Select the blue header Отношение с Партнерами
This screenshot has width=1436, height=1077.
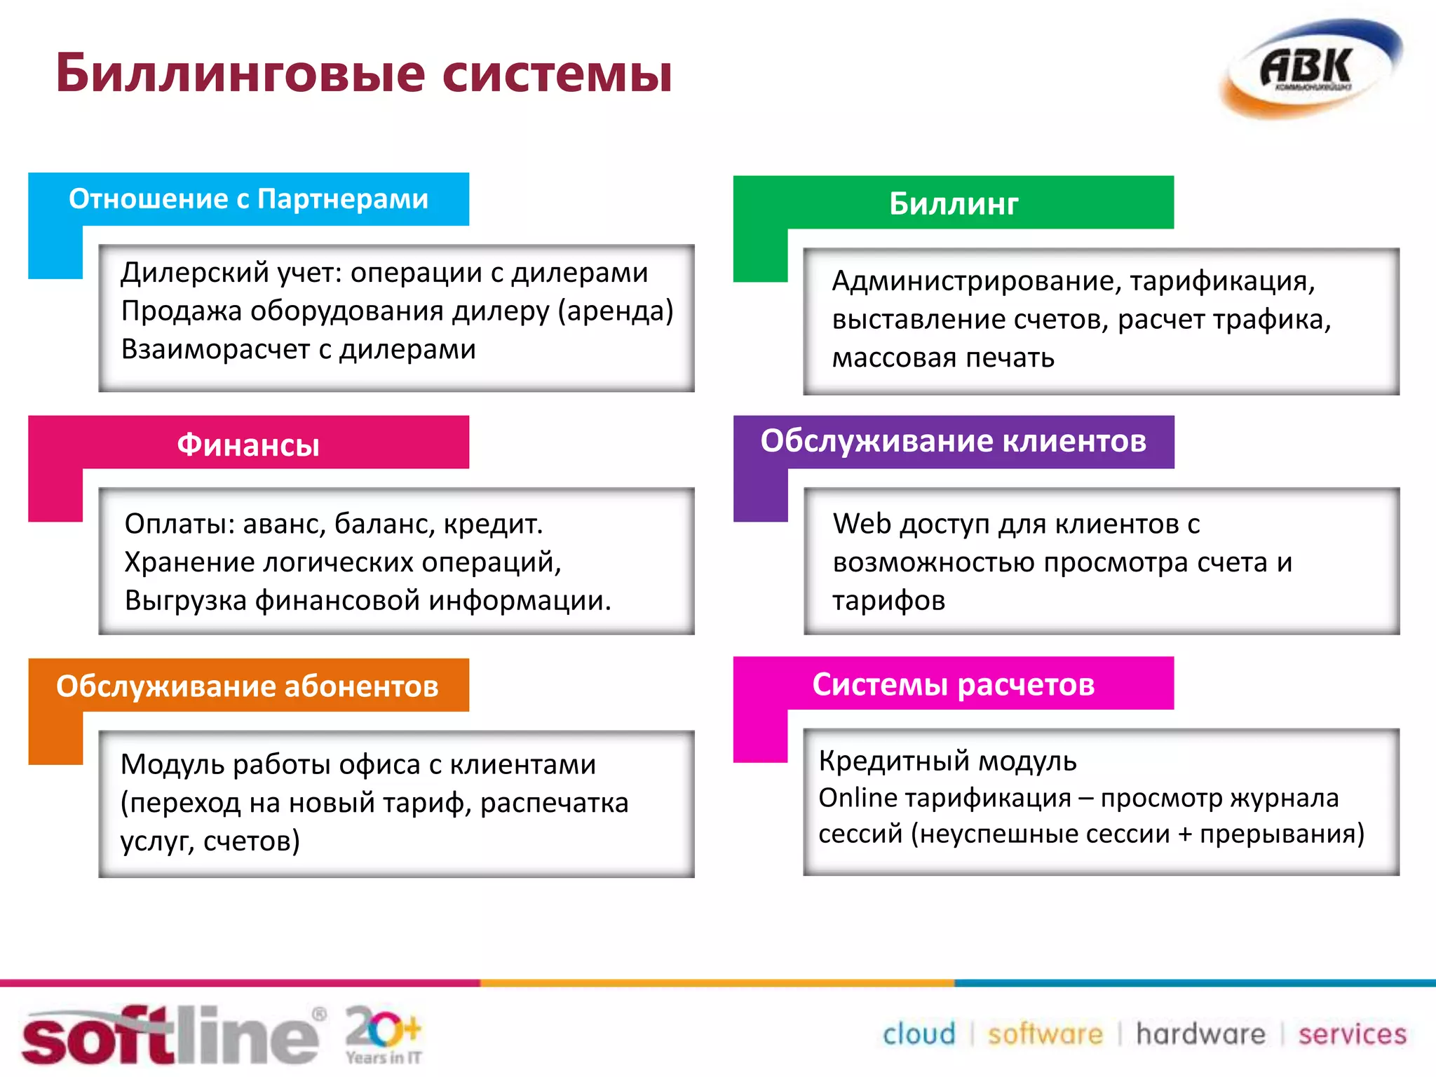point(248,199)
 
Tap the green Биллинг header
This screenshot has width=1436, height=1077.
point(953,203)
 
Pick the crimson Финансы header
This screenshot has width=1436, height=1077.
point(248,445)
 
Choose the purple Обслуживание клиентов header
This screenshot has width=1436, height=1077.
point(953,441)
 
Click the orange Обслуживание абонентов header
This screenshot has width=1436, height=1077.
point(248,686)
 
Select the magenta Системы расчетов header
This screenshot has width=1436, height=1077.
point(953,684)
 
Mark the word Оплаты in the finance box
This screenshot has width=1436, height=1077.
point(179,524)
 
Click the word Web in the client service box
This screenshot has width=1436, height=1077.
point(862,524)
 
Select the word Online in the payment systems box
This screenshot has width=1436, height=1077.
point(858,798)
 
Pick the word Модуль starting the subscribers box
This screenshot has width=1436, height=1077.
point(172,764)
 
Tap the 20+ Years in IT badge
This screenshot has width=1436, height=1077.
point(384,1035)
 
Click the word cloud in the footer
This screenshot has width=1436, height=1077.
point(919,1034)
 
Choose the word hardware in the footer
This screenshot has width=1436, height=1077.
point(1200,1034)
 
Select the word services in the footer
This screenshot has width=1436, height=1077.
point(1352,1034)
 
